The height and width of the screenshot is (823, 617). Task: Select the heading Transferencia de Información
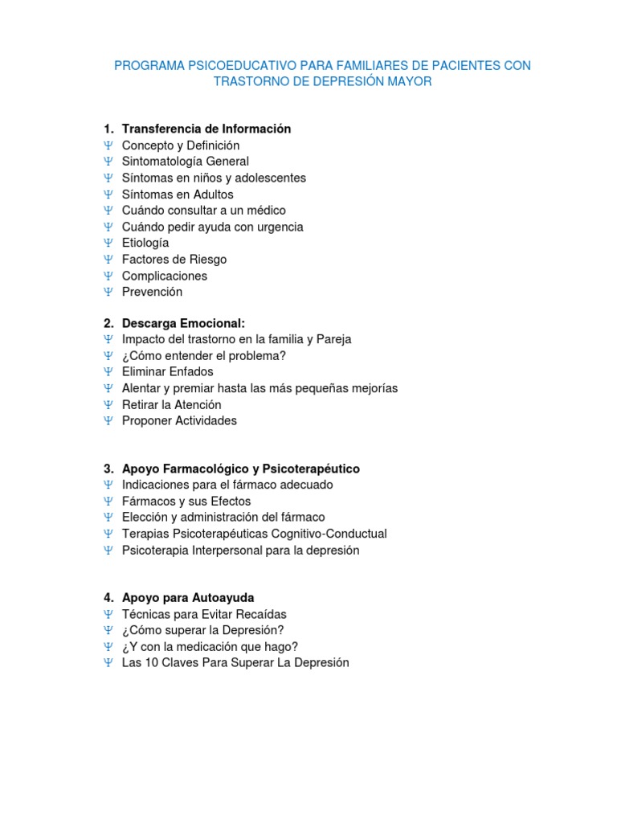point(206,129)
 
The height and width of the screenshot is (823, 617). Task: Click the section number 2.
point(108,323)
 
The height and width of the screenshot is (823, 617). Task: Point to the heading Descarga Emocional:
point(183,323)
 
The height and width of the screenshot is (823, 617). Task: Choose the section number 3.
point(108,469)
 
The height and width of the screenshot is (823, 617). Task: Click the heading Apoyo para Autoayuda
point(188,598)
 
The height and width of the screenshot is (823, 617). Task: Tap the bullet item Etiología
point(145,243)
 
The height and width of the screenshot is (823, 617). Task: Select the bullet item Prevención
point(152,292)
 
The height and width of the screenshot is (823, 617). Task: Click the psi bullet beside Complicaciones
point(108,276)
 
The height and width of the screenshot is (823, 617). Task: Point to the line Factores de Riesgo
point(174,260)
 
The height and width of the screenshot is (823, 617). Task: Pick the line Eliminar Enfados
point(167,372)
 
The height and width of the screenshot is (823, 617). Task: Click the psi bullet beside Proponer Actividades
point(108,421)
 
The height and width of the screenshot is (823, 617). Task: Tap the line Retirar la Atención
point(171,405)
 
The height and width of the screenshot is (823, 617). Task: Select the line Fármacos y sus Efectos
point(186,502)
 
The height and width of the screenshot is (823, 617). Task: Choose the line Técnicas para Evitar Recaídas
point(204,615)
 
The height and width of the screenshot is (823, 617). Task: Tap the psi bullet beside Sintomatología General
point(108,162)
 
